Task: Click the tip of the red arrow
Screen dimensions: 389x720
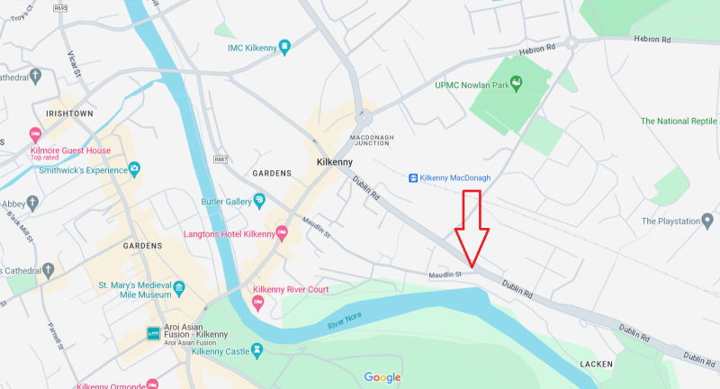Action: tap(471, 266)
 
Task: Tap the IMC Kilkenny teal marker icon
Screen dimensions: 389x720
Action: tap(284, 47)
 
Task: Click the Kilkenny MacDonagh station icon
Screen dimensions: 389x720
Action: tap(413, 178)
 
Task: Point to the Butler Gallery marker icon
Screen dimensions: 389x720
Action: tap(259, 199)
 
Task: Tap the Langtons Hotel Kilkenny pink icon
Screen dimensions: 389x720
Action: tap(282, 234)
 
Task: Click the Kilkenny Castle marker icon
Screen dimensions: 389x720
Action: tap(256, 349)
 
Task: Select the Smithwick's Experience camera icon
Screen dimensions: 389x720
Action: tap(134, 168)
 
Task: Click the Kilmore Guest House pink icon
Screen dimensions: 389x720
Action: tap(35, 134)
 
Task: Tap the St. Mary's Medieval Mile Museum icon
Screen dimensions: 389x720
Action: tap(179, 288)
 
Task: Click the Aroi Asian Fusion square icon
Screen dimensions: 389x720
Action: tap(153, 334)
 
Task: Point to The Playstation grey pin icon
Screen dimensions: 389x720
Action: tap(707, 221)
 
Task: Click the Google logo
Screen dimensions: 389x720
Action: tap(382, 377)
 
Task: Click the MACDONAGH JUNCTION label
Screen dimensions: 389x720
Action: tap(370, 140)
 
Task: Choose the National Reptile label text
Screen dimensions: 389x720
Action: tap(679, 121)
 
